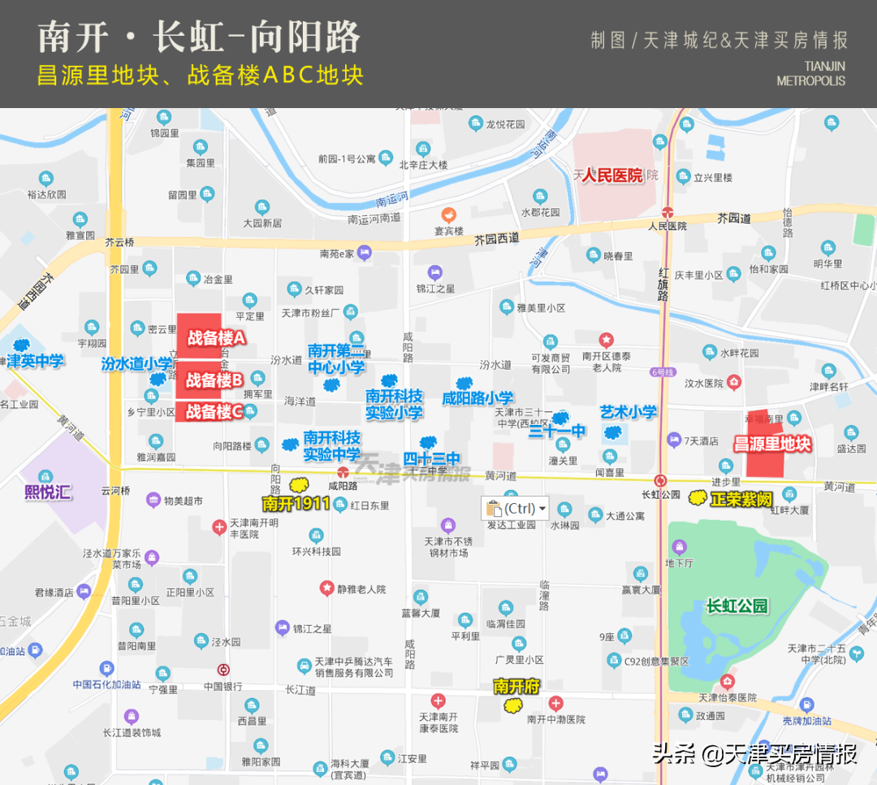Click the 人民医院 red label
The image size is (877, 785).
coord(611,175)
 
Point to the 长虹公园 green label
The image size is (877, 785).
coord(737,605)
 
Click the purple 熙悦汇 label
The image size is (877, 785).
coord(49,492)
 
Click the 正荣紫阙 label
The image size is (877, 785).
coord(741,500)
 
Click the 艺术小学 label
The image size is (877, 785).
coord(628,412)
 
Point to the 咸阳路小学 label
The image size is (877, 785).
coord(477,398)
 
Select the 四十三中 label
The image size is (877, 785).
coord(431,458)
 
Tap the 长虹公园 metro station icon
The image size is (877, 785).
coord(661,480)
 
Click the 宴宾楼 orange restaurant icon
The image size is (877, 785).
coord(447,215)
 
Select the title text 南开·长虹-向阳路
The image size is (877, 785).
coord(199,38)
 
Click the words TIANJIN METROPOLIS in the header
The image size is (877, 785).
coord(812,73)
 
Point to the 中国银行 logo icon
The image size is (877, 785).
coord(223,670)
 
